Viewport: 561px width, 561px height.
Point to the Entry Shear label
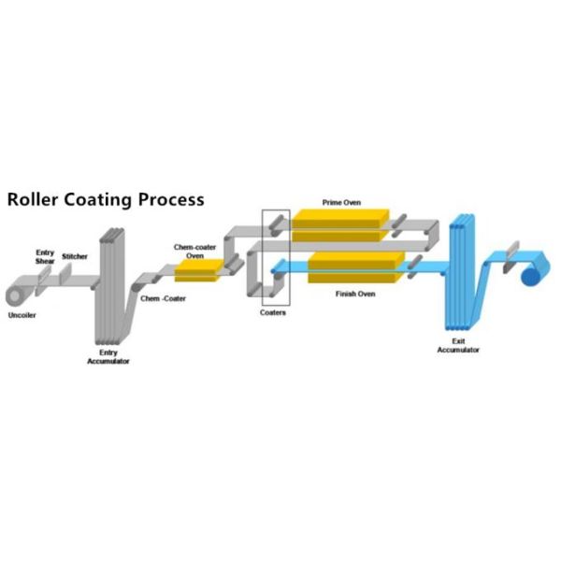[45, 256]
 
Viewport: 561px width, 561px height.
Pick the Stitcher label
[75, 256]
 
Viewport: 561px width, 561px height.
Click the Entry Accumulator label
[108, 356]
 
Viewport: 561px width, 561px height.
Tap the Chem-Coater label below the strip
[158, 298]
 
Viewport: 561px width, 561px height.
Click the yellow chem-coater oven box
[198, 269]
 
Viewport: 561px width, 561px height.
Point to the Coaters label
[273, 312]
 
